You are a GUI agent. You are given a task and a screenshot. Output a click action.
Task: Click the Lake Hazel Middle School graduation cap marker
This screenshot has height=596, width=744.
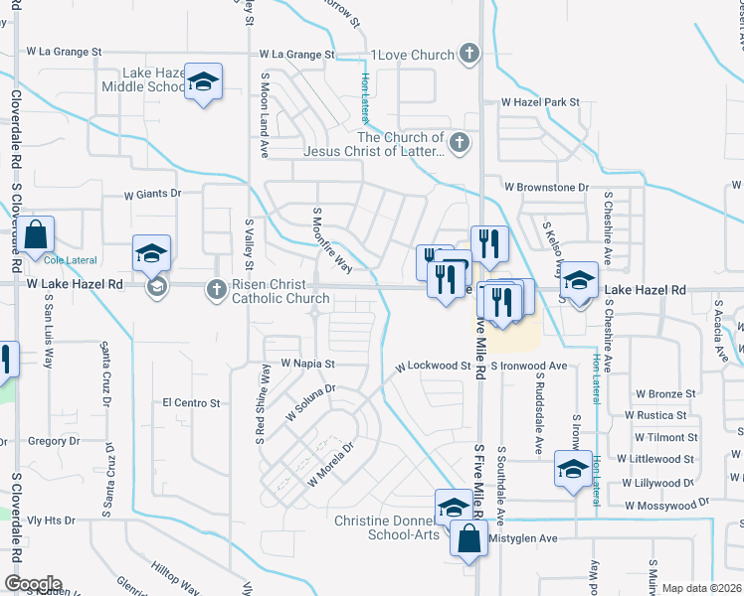pyautogui.click(x=203, y=82)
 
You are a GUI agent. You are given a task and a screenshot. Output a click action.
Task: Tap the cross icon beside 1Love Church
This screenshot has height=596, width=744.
pyautogui.click(x=470, y=54)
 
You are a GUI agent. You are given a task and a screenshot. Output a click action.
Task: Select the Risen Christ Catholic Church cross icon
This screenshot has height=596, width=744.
pyautogui.click(x=216, y=290)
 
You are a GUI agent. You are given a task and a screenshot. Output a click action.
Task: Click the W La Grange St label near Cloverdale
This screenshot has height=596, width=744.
pyautogui.click(x=64, y=50)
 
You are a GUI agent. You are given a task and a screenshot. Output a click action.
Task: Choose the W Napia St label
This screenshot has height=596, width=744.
pyautogui.click(x=308, y=365)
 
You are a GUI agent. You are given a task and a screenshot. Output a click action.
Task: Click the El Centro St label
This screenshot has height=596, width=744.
pyautogui.click(x=191, y=402)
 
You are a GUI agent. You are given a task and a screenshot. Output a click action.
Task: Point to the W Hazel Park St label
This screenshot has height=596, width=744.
pyautogui.click(x=540, y=102)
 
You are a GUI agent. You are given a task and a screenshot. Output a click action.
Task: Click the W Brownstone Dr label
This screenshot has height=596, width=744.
pyautogui.click(x=546, y=187)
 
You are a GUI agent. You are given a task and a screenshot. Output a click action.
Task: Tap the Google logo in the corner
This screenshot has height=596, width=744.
pyautogui.click(x=33, y=584)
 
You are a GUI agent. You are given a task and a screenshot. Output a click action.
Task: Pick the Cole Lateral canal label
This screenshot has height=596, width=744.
pyautogui.click(x=68, y=260)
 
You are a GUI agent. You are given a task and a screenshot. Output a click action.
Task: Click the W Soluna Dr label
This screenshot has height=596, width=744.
pyautogui.click(x=311, y=402)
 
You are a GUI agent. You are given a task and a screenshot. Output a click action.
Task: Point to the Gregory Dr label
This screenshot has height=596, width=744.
pyautogui.click(x=54, y=440)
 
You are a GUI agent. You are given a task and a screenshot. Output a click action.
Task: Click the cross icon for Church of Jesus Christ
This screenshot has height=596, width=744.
pyautogui.click(x=459, y=144)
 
